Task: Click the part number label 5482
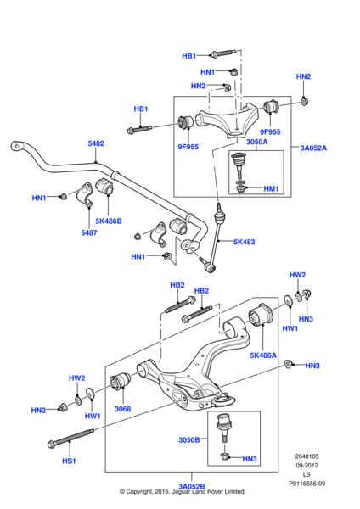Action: tap(96, 144)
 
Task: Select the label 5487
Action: tap(88, 232)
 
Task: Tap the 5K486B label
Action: tap(109, 221)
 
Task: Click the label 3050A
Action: tap(232, 143)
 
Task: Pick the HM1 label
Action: tap(271, 188)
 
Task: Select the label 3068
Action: tap(122, 409)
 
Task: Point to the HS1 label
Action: tap(69, 461)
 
